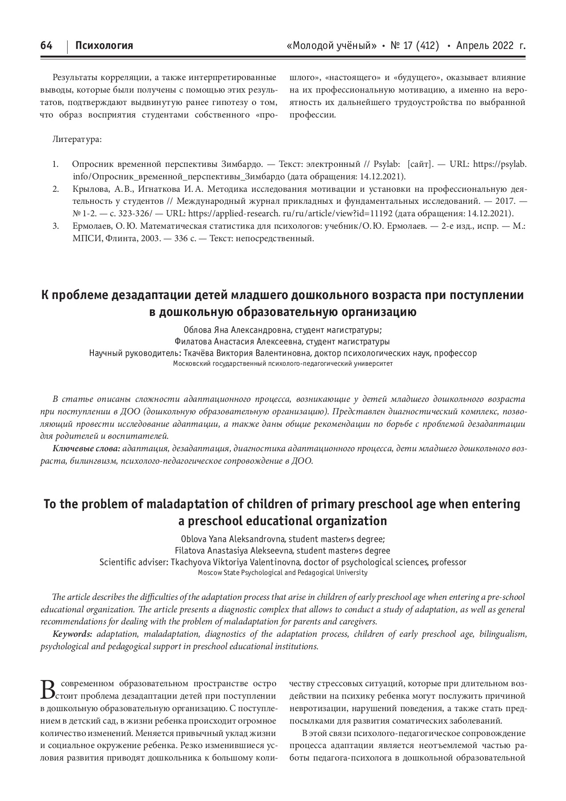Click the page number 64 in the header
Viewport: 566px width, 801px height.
[46, 45]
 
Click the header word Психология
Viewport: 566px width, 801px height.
[104, 45]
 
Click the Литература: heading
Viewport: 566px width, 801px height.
[77, 139]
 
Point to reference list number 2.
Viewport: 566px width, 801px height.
[56, 189]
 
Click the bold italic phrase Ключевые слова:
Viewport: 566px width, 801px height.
[86, 449]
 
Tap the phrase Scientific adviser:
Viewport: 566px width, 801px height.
[133, 562]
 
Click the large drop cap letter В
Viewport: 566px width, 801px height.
[49, 689]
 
